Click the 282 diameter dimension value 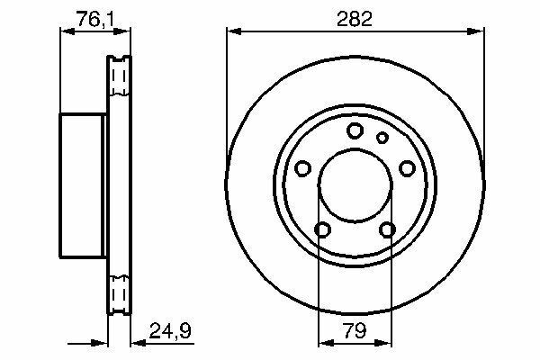[x=355, y=19]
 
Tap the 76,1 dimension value [x=95, y=19]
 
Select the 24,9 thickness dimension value [x=170, y=331]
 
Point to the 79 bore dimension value [x=355, y=331]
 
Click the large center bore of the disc [x=355, y=185]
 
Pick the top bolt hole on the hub [x=355, y=130]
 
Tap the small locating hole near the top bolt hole [x=382, y=138]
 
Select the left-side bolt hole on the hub [x=303, y=168]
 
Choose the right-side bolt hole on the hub [x=407, y=168]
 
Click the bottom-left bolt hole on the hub [x=323, y=229]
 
